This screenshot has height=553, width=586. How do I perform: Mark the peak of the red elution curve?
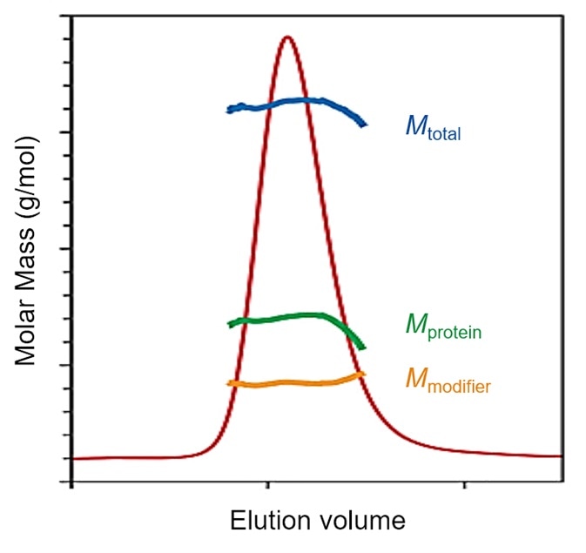pos(286,37)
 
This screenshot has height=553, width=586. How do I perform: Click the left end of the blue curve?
pos(229,110)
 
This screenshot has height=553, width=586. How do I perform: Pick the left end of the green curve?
pos(230,324)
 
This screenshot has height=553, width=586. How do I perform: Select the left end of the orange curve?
pos(229,383)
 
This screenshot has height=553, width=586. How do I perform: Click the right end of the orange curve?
pos(363,374)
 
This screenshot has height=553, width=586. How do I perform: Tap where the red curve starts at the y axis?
pos(71,458)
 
